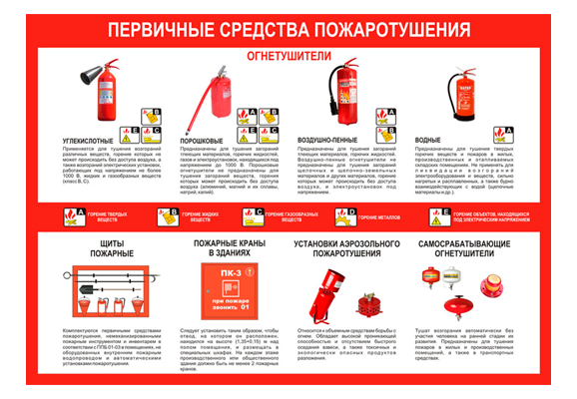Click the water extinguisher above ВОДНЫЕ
[x=461, y=96]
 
